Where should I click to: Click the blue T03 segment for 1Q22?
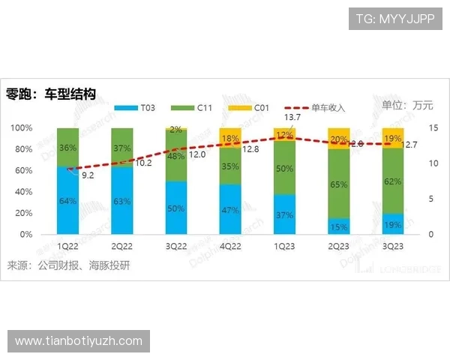pos(68,200)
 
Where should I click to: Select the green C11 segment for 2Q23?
pos(339,184)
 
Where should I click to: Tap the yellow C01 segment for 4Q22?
pos(230,137)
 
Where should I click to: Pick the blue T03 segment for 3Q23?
pos(393,223)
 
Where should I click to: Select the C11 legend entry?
pos(197,109)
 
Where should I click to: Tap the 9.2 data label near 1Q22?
pos(87,175)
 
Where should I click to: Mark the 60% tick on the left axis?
pos(21,171)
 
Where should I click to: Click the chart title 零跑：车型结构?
pos(51,94)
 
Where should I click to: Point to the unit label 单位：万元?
pos(407,105)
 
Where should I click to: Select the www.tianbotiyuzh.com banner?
pos(78,342)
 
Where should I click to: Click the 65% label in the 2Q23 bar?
pos(339,184)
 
